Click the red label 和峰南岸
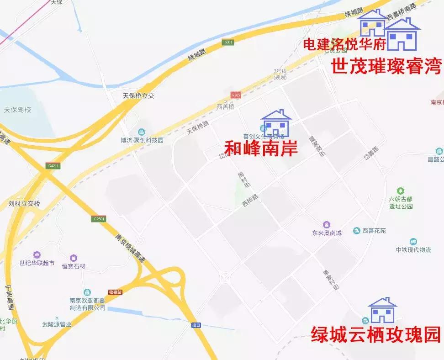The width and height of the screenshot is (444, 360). click(x=261, y=148)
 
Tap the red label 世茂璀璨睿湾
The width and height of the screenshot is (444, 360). click(x=386, y=67)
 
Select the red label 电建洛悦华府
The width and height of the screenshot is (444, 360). click(x=345, y=44)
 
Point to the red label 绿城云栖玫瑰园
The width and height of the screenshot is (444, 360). click(x=375, y=334)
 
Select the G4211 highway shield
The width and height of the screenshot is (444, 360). click(x=53, y=166)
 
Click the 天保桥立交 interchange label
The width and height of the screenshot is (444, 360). click(x=138, y=96)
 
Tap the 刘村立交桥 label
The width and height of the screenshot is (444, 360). click(x=25, y=204)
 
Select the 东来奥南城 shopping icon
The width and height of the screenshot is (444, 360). click(x=327, y=225)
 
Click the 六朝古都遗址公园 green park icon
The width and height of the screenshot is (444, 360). click(x=401, y=191)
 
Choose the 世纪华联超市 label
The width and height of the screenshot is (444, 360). click(x=37, y=263)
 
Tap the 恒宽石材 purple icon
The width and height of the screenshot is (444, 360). click(x=74, y=258)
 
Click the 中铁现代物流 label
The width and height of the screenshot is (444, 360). click(x=413, y=249)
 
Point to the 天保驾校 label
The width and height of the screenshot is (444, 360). click(x=17, y=110)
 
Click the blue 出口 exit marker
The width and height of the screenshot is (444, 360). click(x=196, y=325)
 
